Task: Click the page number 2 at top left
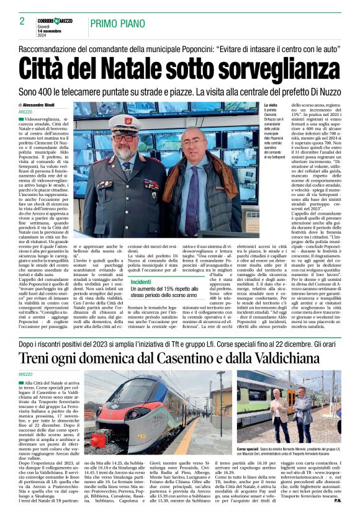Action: click(22, 21)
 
